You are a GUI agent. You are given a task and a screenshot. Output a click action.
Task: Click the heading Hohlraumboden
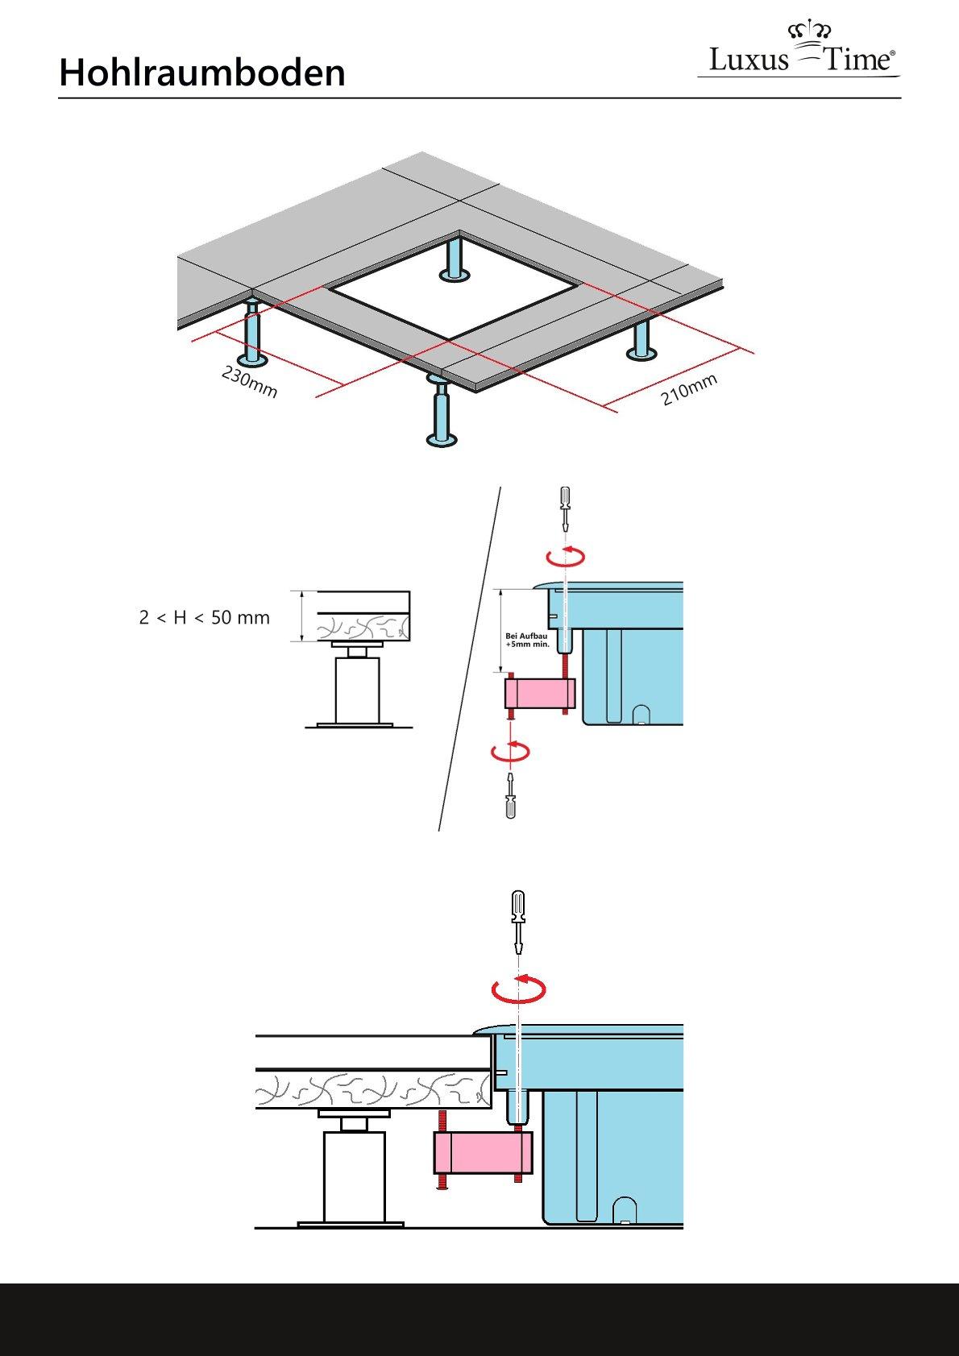coord(202,73)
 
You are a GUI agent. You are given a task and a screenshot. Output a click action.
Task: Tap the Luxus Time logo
coord(800,52)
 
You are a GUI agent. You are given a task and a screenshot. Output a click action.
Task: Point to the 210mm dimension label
coord(689,391)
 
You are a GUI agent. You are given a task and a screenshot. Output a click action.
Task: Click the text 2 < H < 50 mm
coord(205,618)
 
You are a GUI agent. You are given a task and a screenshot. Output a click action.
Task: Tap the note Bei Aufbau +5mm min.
coord(527,640)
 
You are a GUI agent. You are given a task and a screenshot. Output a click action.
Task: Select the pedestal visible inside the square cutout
coord(455,259)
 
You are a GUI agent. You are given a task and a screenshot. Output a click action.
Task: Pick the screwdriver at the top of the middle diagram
coord(566,507)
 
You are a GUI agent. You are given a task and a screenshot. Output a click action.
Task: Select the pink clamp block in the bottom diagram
coord(483,1153)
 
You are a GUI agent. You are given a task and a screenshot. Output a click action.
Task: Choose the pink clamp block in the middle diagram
coord(539,693)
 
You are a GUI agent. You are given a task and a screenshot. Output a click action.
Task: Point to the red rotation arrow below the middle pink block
coord(511,751)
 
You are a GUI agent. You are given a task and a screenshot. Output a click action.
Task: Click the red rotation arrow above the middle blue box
coord(565,554)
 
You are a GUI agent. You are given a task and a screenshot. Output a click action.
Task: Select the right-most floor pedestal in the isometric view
coord(641,342)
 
